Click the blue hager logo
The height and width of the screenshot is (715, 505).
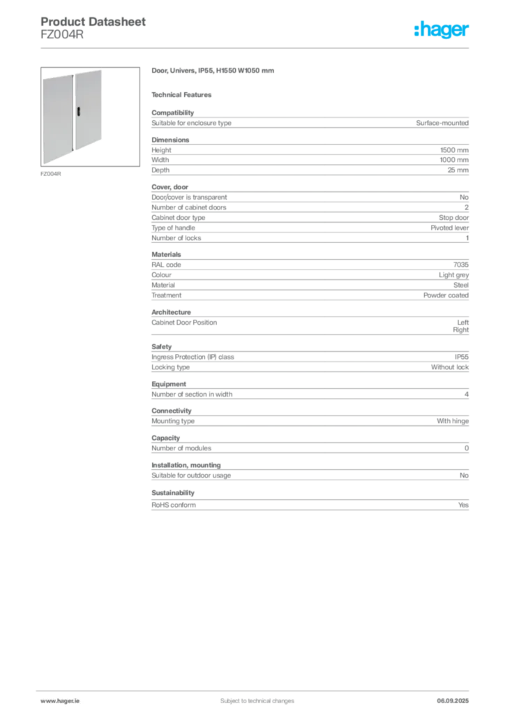click(x=442, y=29)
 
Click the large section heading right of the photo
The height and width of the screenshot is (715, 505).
click(x=214, y=71)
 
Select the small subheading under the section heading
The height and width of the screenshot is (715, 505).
click(x=183, y=94)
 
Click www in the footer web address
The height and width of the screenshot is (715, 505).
click(x=47, y=700)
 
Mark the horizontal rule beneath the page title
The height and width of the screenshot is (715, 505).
click(x=257, y=47)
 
